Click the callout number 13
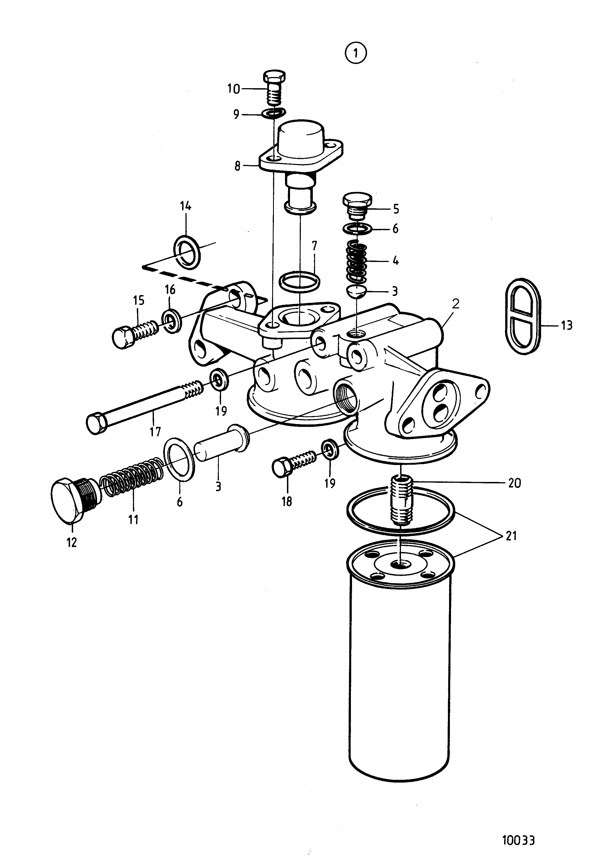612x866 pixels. (x=566, y=325)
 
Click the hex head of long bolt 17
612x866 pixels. (x=98, y=423)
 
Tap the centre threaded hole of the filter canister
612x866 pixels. (x=400, y=575)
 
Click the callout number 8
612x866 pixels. (x=237, y=166)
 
